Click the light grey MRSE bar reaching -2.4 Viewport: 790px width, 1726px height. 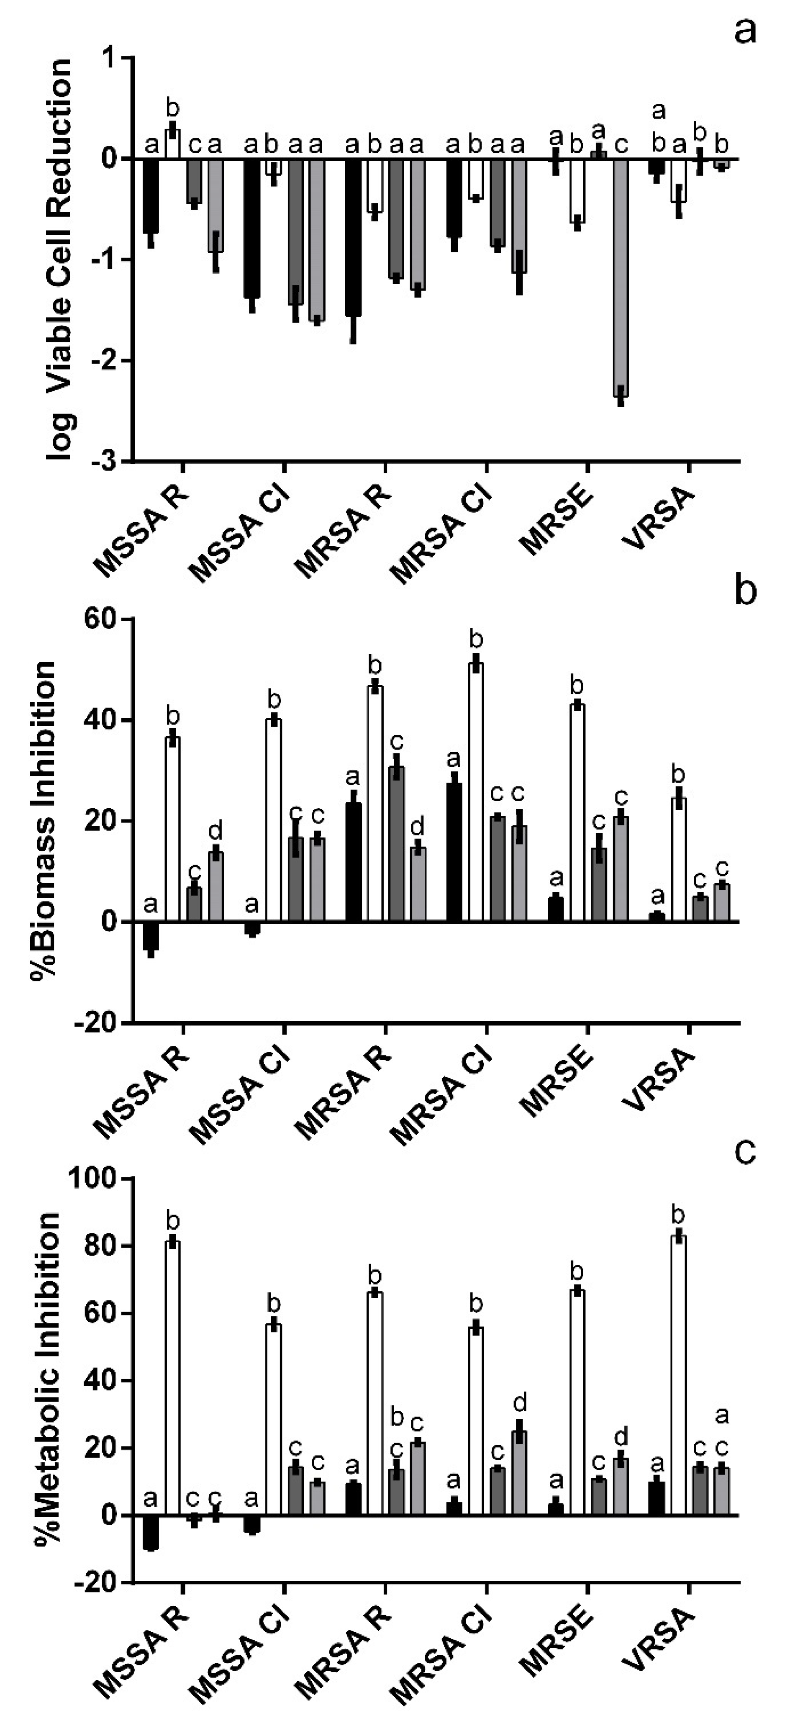[621, 278]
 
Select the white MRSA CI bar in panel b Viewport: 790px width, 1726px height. [477, 792]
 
